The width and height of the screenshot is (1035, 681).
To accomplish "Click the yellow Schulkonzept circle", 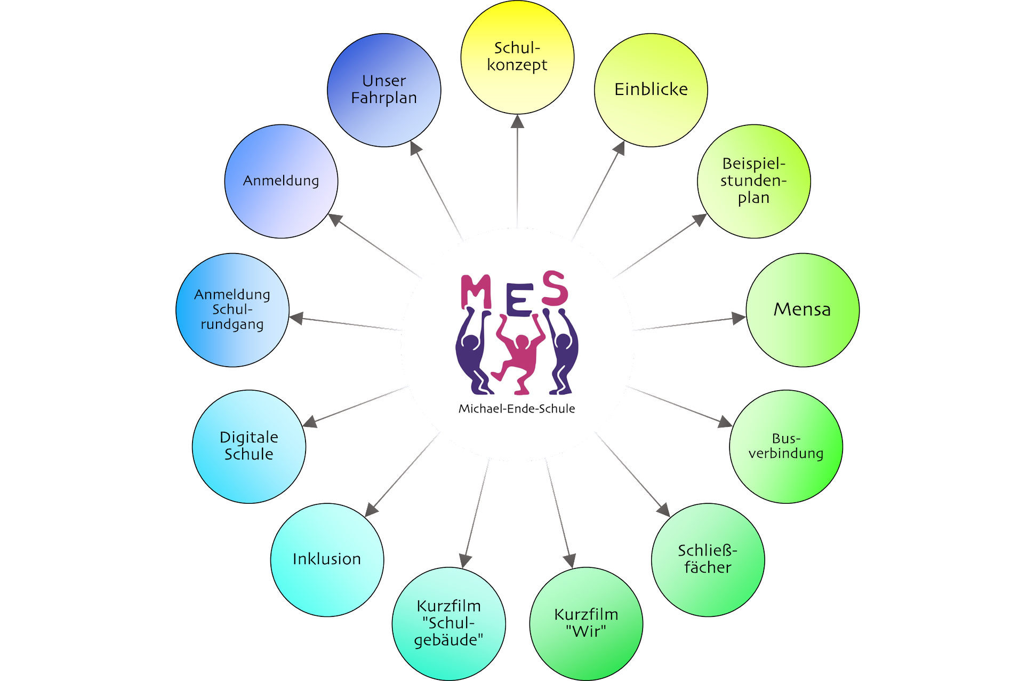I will tap(517, 57).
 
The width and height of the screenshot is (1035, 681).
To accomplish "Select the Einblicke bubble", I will tap(651, 90).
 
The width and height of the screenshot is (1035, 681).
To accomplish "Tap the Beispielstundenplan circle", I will tap(753, 181).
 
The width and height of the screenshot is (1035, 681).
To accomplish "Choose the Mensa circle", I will tap(802, 310).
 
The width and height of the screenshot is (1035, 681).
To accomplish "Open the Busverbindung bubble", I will tap(785, 446).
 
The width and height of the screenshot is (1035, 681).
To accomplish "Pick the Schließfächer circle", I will tap(708, 559).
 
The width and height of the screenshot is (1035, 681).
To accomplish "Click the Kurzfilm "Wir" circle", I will tap(586, 623).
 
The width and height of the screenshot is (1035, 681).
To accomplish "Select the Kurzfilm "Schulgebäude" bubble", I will tap(448, 623).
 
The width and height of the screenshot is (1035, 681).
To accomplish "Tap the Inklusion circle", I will tap(327, 559).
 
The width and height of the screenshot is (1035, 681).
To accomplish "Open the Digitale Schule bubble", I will tap(248, 446).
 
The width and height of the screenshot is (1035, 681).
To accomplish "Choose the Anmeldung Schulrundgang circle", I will tap(232, 310).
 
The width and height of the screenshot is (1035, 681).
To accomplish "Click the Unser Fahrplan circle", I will tap(384, 90).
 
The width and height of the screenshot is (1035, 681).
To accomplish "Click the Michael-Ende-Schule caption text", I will tap(517, 409).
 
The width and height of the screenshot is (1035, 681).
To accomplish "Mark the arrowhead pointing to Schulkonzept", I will tap(517, 122).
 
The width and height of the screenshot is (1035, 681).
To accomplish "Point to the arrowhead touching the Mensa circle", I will tap(738, 319).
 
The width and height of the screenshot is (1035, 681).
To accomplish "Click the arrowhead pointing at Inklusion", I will tap(372, 510).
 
